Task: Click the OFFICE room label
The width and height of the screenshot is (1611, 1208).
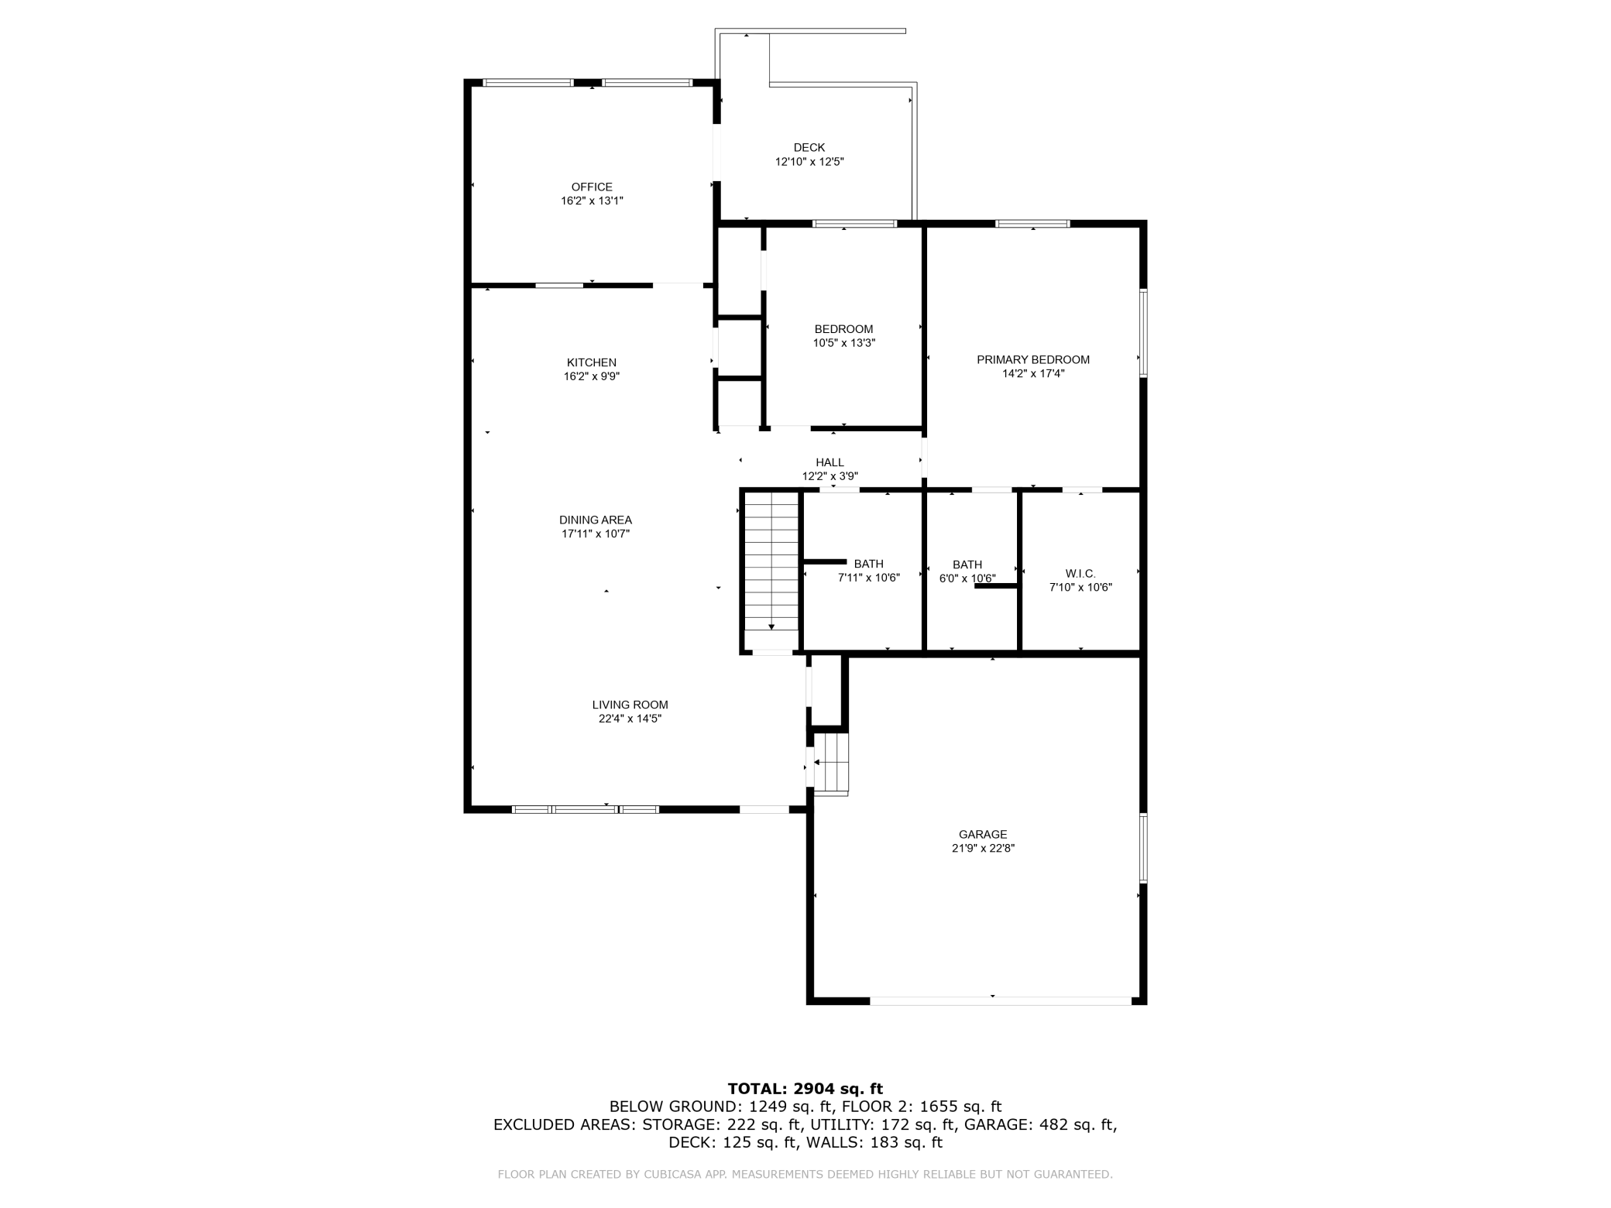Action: [x=592, y=187]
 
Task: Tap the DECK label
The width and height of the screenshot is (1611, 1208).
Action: [x=809, y=147]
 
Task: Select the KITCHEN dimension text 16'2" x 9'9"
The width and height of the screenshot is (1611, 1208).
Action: [x=592, y=376]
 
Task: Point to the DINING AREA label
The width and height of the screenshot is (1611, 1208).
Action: [x=596, y=520]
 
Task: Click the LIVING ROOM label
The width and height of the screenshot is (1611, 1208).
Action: [x=630, y=705]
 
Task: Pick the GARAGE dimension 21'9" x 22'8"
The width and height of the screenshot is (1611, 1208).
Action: [x=983, y=848]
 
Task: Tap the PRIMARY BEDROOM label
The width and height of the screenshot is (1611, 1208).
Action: [x=1033, y=359]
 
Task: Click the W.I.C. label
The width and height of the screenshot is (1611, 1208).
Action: [x=1080, y=574]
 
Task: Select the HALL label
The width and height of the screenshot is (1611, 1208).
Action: [x=830, y=462]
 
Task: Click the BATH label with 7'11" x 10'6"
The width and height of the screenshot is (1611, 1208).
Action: [x=869, y=564]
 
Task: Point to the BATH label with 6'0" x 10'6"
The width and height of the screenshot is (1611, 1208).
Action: [x=967, y=565]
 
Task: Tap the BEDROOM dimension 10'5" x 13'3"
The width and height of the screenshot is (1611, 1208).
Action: [x=844, y=343]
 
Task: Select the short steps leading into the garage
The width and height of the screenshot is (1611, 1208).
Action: [x=832, y=763]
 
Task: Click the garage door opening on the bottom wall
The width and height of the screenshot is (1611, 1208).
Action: [x=1001, y=1000]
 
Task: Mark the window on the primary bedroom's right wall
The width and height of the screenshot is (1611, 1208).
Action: [x=1142, y=333]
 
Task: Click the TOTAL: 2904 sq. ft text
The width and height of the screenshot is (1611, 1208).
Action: [x=805, y=1089]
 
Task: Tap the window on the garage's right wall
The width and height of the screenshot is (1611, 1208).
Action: [x=1142, y=847]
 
